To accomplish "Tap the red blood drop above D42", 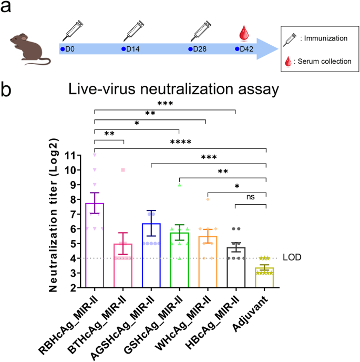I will (x=243, y=34).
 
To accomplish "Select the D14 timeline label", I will (x=133, y=49).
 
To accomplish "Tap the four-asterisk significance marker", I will (x=180, y=142).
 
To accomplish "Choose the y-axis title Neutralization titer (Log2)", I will (x=54, y=222).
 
